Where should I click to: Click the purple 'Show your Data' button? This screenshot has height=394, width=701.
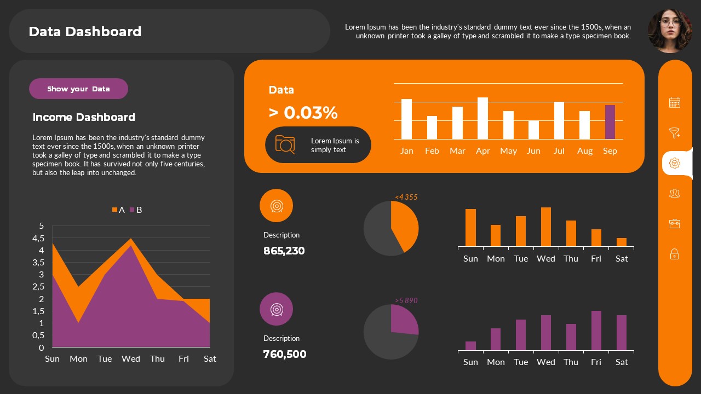point(78,89)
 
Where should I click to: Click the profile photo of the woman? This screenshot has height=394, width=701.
point(669,31)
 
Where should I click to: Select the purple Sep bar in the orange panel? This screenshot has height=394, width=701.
point(610,122)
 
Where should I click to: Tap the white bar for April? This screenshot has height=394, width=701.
point(482,118)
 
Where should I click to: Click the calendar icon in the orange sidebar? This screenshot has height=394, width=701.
point(675,102)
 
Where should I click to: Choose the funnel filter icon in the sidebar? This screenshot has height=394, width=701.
point(675,133)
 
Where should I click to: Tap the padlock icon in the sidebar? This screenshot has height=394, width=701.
point(675,254)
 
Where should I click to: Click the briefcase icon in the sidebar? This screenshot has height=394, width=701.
point(675,223)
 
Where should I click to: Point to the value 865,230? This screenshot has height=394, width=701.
point(284,251)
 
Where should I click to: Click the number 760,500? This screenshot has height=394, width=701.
point(284,354)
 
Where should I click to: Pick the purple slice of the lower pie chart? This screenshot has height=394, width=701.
point(404,321)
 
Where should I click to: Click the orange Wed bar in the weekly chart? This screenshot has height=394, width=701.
point(546,227)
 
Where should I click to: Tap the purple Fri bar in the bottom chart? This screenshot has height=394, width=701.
point(596,331)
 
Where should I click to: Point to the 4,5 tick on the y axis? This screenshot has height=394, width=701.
point(38,238)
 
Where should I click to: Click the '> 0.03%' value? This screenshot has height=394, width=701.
point(303,113)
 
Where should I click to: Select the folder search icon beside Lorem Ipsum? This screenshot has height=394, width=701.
point(285,144)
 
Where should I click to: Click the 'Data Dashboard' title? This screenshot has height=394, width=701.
point(85,32)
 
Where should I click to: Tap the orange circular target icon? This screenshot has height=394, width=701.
point(276,206)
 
